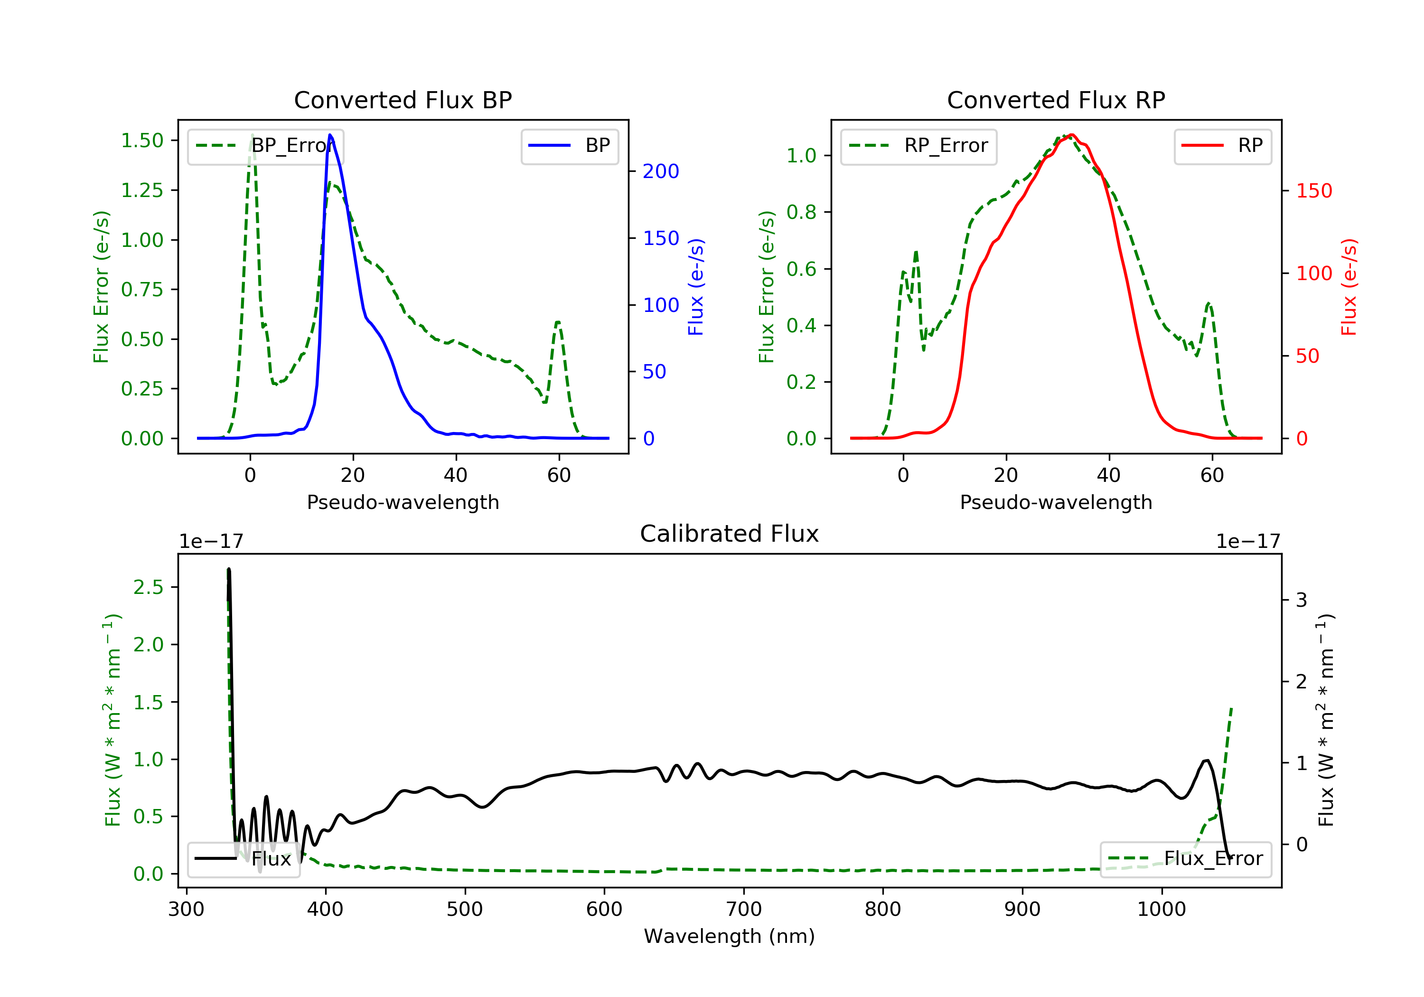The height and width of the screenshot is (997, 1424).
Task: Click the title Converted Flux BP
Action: [x=403, y=100]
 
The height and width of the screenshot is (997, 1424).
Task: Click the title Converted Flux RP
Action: [x=1056, y=100]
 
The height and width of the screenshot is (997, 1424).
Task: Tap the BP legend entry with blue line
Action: [x=570, y=146]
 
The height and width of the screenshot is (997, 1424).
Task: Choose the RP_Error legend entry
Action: [x=918, y=146]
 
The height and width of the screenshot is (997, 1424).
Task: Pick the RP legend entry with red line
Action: [x=1222, y=146]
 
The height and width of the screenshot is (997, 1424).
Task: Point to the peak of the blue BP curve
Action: [x=330, y=135]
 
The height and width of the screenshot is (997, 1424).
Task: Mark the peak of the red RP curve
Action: [x=1071, y=135]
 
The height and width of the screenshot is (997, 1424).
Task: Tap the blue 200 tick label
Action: [x=661, y=171]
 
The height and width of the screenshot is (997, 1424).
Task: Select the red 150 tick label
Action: [x=1313, y=190]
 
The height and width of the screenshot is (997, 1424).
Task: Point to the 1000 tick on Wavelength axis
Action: [x=1161, y=910]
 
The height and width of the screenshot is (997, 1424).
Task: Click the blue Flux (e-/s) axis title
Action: [x=696, y=287]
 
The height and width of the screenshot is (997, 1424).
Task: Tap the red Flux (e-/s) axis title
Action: [x=1349, y=287]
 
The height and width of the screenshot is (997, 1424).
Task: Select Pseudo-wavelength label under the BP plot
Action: [x=403, y=502]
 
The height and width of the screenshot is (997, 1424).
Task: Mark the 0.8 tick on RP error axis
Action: [x=801, y=212]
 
